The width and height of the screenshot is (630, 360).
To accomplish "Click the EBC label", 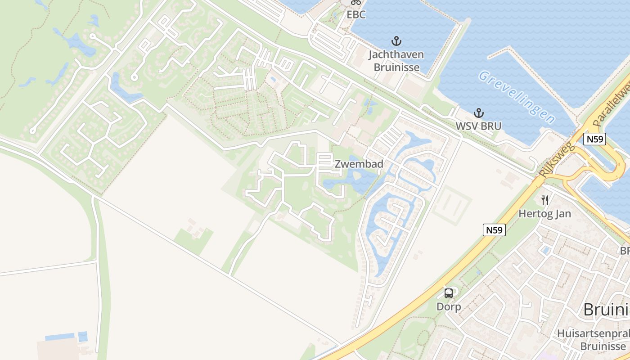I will [x=355, y=14].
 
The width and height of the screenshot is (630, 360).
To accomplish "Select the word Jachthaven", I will [x=396, y=55].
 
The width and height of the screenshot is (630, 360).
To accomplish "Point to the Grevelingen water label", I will [x=517, y=97].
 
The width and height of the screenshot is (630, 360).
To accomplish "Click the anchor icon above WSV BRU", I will [x=478, y=113].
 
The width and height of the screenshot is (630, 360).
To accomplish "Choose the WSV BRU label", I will [x=478, y=126].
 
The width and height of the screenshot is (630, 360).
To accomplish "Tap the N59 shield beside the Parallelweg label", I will [x=594, y=139].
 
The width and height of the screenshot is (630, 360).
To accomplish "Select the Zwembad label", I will [x=359, y=164].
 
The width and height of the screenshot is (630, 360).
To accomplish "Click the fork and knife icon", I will [x=545, y=200].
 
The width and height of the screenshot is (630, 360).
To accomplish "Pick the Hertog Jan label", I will [x=544, y=213].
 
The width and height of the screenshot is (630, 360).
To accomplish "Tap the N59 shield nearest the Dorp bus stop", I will [x=495, y=230].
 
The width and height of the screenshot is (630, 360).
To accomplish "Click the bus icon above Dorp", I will [x=449, y=293].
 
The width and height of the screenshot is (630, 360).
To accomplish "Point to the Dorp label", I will [x=449, y=307].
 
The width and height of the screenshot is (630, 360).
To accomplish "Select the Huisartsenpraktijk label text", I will [x=593, y=334].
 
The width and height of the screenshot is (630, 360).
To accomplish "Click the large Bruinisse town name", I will [x=606, y=310].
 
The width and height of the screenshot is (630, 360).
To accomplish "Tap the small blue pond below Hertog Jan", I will [x=546, y=250].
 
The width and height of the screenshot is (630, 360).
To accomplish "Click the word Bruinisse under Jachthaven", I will [x=396, y=67].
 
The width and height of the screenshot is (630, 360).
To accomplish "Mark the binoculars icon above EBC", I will [x=356, y=2].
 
